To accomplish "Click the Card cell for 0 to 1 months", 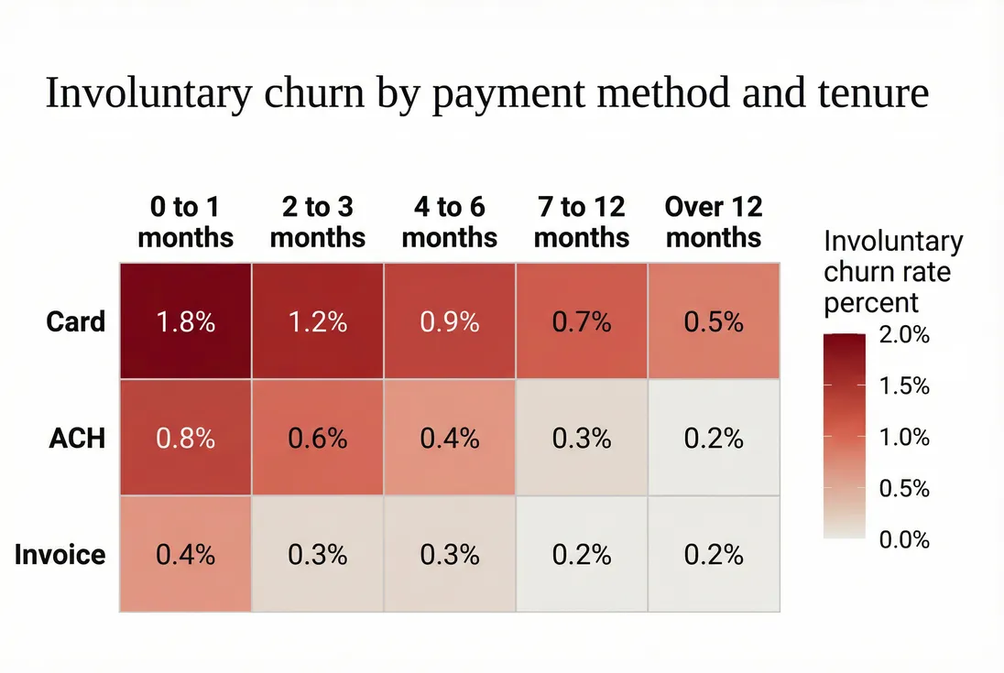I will [x=185, y=321].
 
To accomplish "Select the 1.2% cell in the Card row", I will [x=318, y=321].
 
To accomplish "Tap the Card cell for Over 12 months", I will [x=714, y=321].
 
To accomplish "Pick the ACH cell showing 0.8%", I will [x=185, y=438].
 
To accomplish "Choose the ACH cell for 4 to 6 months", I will [x=450, y=438].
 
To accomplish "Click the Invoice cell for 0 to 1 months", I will [x=185, y=554].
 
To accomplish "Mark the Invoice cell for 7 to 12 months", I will [x=582, y=554].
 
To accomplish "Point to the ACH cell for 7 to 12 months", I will [x=582, y=438].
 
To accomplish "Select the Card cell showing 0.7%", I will [x=582, y=321].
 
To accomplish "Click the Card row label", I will [x=76, y=321].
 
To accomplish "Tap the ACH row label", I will [x=77, y=439].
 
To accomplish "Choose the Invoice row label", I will [x=60, y=555].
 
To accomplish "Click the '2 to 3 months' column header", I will [x=318, y=223].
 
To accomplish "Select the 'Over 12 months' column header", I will [x=714, y=223].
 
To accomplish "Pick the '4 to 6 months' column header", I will [x=450, y=223].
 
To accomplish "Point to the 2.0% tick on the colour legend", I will [x=904, y=335].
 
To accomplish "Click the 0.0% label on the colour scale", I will [x=904, y=540].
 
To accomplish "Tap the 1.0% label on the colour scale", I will [x=904, y=438].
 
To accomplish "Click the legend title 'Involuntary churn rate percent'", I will [x=893, y=272].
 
